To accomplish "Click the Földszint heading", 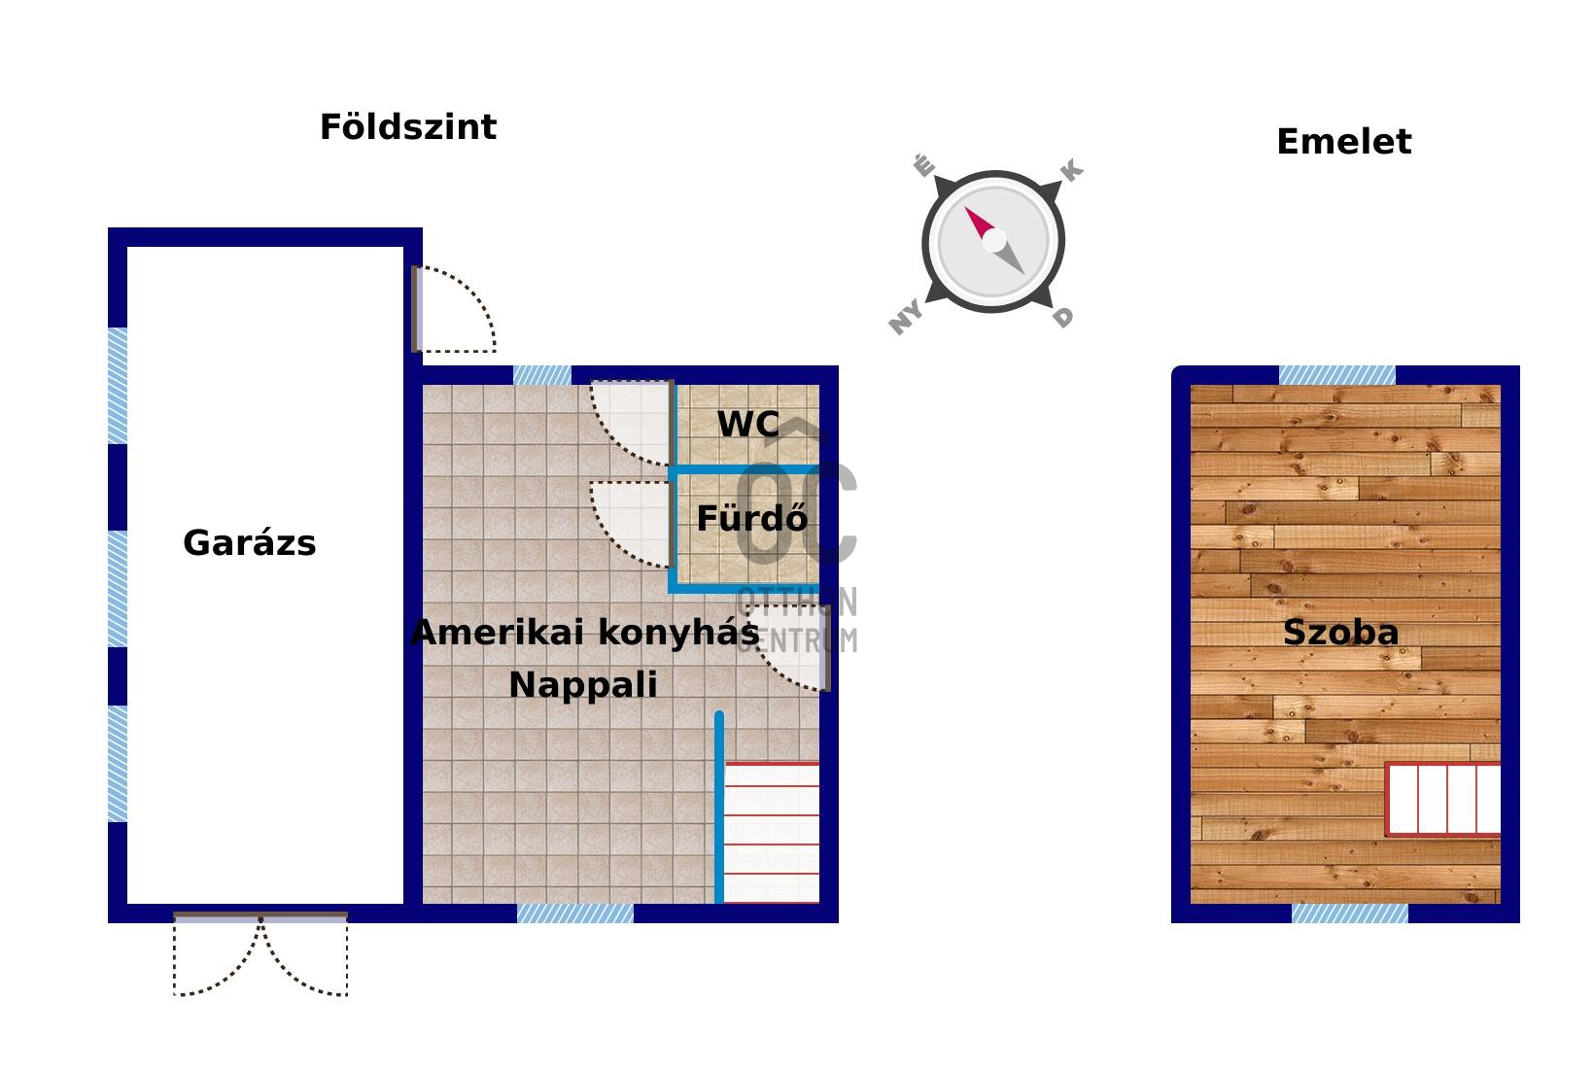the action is pyautogui.click(x=408, y=127).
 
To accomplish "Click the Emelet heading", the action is pyautogui.click(x=1343, y=142).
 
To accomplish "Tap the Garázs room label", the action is pyautogui.click(x=249, y=543).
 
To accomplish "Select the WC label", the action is pyautogui.click(x=747, y=424).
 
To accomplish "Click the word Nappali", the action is pyautogui.click(x=583, y=685).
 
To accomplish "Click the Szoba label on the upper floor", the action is pyautogui.click(x=1340, y=633).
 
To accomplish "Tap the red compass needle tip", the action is pyautogui.click(x=967, y=209).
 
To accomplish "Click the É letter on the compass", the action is pyautogui.click(x=923, y=166).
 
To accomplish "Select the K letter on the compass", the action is pyautogui.click(x=1071, y=171).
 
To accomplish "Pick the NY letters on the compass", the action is pyautogui.click(x=906, y=318).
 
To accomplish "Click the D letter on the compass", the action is pyautogui.click(x=1062, y=318).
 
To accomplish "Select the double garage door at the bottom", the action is pyautogui.click(x=260, y=953).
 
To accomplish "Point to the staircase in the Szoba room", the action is pyautogui.click(x=1443, y=799).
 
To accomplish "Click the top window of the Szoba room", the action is pyautogui.click(x=1337, y=375).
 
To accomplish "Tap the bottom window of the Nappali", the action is pyautogui.click(x=575, y=914).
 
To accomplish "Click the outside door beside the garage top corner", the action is pyautogui.click(x=453, y=309).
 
